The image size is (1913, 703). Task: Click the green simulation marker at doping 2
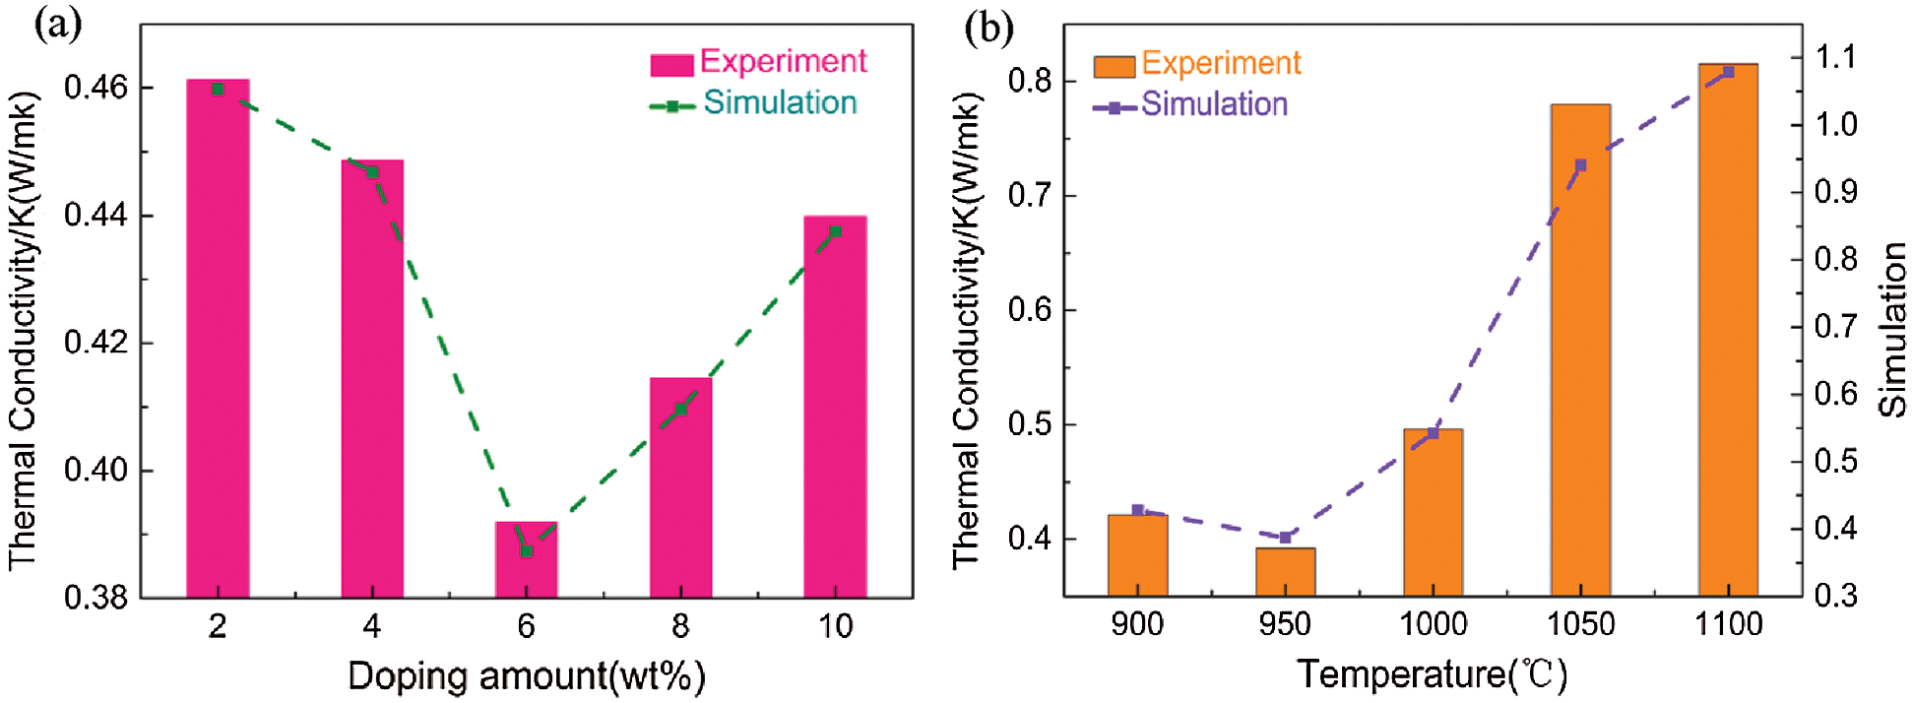218,90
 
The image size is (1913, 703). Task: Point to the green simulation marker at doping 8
680,409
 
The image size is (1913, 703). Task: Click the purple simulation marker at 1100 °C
1728,72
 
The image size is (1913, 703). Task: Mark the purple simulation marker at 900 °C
1138,510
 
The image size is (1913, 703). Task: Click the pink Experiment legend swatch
671,65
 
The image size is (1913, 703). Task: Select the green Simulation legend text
780,103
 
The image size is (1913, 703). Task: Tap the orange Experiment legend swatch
1114,66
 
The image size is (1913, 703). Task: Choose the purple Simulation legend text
1214,104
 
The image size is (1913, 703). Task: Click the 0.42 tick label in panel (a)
96,343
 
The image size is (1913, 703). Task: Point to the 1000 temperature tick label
1433,624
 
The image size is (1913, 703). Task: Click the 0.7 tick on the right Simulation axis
1836,326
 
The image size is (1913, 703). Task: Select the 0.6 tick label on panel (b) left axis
1029,310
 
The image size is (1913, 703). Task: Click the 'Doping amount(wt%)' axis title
527,676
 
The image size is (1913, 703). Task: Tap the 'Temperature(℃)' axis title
1433,674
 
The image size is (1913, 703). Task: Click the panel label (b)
988,28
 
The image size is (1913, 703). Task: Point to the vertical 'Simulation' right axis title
1892,330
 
